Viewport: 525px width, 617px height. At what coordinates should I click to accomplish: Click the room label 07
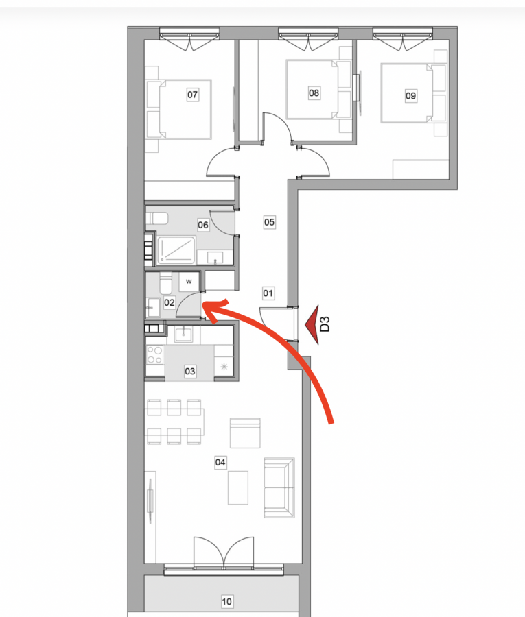[x=192, y=95]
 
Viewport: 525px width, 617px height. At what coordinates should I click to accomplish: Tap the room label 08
[x=314, y=93]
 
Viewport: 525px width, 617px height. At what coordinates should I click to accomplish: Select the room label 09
[x=411, y=95]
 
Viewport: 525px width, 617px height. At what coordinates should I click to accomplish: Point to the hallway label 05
[x=270, y=222]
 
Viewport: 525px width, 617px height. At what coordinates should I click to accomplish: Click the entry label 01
[x=268, y=293]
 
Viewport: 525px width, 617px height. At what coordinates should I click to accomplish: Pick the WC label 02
[x=170, y=302]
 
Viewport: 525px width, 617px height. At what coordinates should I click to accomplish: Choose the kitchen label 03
[x=190, y=371]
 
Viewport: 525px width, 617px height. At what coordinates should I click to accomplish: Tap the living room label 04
[x=220, y=462]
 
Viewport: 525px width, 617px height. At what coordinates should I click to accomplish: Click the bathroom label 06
[x=203, y=225]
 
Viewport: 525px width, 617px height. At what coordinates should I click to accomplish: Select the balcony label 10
[x=227, y=602]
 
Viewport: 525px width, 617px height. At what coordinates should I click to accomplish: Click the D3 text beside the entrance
[x=325, y=324]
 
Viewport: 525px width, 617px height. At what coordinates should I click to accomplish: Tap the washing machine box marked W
[x=189, y=282]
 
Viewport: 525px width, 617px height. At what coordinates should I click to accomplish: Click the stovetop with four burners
[x=155, y=355]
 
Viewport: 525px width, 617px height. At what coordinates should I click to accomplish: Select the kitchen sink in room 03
[x=183, y=335]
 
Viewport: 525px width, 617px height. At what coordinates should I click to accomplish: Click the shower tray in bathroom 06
[x=176, y=250]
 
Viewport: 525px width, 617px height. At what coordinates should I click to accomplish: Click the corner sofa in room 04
[x=279, y=487]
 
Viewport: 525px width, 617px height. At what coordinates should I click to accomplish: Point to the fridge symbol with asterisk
[x=224, y=367]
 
